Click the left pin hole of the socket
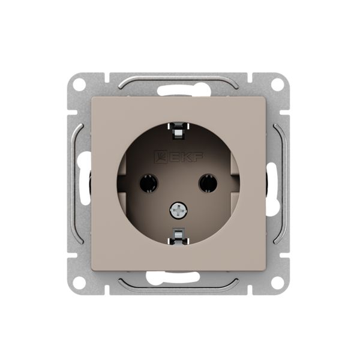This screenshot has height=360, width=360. click(149, 183)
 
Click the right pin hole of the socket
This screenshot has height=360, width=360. click(208, 183)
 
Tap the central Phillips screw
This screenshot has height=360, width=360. click(178, 210)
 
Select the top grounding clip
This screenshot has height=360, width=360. click(178, 131)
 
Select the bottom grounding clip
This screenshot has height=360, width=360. click(178, 236)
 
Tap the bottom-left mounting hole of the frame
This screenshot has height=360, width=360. click(79, 283)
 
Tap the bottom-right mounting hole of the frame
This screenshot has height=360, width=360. click(278, 283)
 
